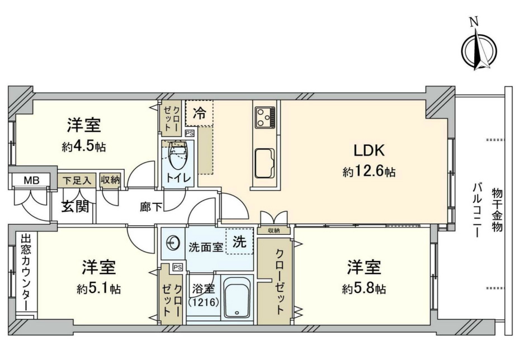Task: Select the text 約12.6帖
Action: click(x=369, y=172)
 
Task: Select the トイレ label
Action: click(x=177, y=179)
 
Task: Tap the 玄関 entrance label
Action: click(x=74, y=207)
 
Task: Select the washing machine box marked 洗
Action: click(x=239, y=243)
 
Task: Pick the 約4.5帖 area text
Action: click(x=84, y=147)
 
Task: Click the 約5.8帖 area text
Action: click(x=365, y=289)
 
